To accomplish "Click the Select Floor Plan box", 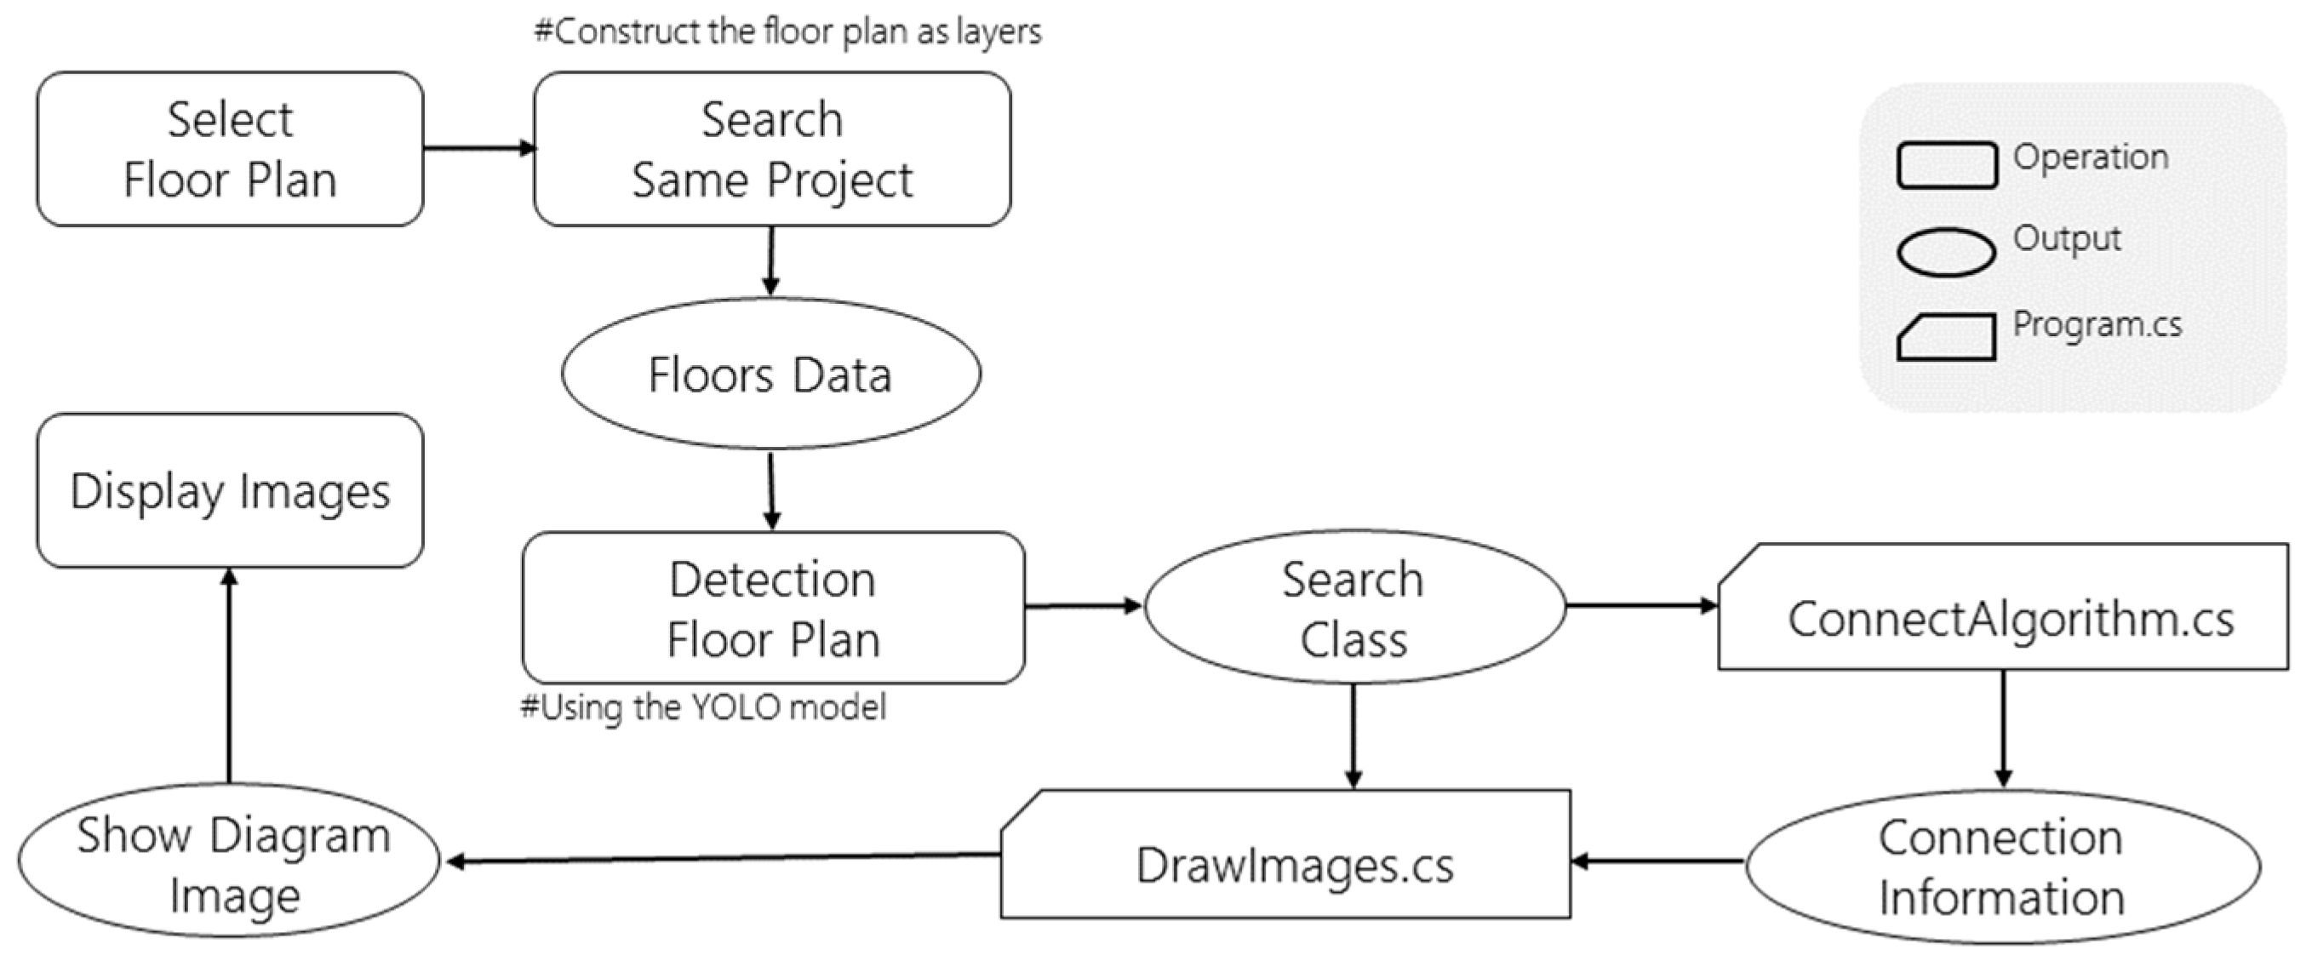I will (230, 149).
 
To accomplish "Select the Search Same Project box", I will (772, 149).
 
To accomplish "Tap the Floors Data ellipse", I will (770, 374).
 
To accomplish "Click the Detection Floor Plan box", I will (773, 608).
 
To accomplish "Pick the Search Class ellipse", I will (1353, 608).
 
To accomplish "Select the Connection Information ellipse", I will (2001, 866).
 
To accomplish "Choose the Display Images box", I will (230, 490).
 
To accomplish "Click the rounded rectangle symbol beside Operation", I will (1946, 165).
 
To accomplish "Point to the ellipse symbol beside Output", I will (1946, 251).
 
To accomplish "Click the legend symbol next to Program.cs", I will (1946, 337).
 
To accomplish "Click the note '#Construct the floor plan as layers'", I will (788, 32).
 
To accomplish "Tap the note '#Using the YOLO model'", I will (704, 707).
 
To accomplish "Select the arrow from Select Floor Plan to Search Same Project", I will (478, 148).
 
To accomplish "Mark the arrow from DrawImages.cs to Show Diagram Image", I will (722, 859).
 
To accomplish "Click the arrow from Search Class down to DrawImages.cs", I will (1353, 736).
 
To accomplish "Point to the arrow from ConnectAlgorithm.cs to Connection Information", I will (2003, 729).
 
